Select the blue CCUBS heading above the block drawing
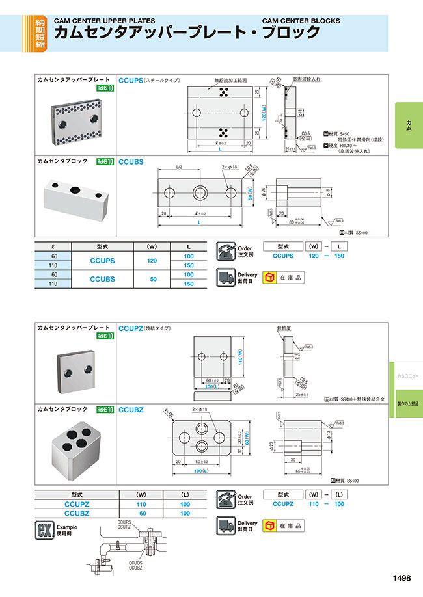pos(131,161)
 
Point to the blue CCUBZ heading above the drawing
pos(131,410)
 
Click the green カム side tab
pos(408,123)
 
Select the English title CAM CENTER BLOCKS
pos(301,21)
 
